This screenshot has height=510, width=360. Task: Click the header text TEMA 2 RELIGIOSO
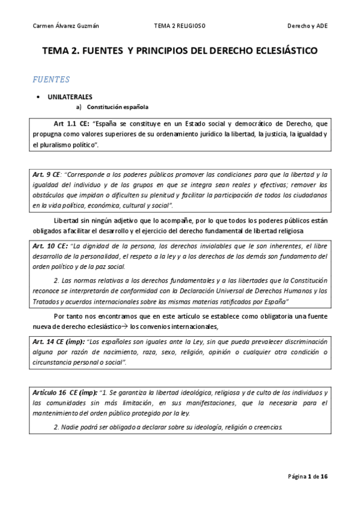(180, 26)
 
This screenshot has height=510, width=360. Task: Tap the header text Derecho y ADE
(307, 26)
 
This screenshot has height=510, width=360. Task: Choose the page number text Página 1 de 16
(307, 476)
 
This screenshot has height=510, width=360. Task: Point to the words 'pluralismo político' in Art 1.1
(64, 145)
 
